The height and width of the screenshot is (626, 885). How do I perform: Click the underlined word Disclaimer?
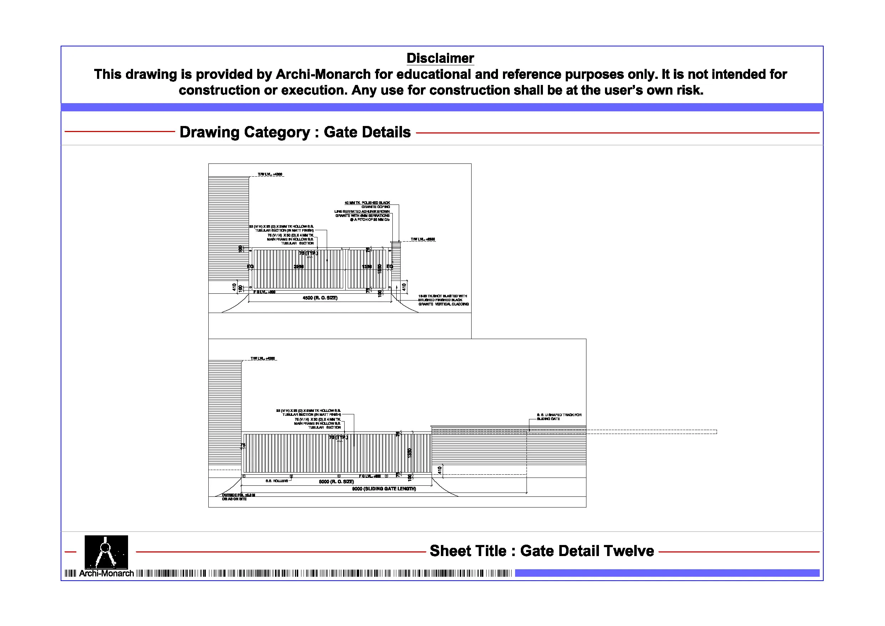click(x=440, y=58)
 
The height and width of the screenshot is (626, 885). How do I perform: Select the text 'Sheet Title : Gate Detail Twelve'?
click(x=541, y=551)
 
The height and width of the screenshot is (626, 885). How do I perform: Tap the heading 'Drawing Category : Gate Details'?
click(x=295, y=132)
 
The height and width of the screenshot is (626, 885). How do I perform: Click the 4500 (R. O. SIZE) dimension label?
click(x=320, y=298)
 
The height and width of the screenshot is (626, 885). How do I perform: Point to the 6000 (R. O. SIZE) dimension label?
click(x=336, y=481)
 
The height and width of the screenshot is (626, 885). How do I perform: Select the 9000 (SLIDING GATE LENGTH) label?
click(x=384, y=489)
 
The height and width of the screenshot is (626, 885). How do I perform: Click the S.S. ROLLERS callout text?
click(x=276, y=481)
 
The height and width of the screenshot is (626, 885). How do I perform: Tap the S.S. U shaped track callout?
click(x=559, y=417)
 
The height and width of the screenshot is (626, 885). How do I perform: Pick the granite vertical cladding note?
click(x=443, y=300)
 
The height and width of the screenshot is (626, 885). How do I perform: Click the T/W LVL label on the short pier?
click(x=422, y=239)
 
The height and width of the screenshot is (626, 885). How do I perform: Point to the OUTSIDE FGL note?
click(x=238, y=497)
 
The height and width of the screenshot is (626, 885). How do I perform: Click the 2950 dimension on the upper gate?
click(x=298, y=267)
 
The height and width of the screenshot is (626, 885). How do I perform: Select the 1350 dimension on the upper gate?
click(x=367, y=267)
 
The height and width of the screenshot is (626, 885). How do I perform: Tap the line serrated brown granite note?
click(x=362, y=216)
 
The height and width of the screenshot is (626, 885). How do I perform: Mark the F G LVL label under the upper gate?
click(x=264, y=292)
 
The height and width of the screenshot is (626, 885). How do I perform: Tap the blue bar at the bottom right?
click(x=667, y=573)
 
